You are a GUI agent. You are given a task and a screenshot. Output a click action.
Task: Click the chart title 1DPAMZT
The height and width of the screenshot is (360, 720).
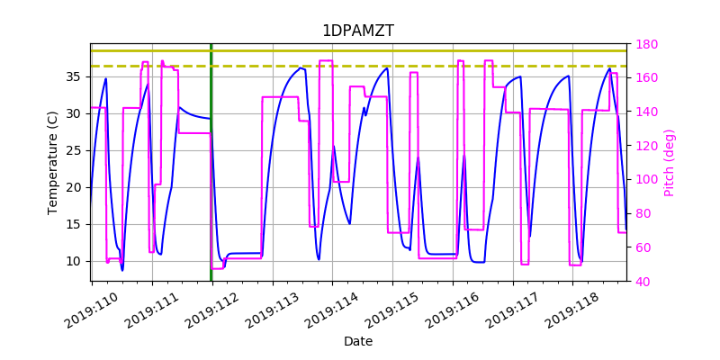pos(357,31)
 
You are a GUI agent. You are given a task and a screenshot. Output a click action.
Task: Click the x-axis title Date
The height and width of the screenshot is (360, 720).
pos(357,341)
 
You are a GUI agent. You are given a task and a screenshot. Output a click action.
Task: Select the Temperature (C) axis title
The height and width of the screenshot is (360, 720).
pos(53,162)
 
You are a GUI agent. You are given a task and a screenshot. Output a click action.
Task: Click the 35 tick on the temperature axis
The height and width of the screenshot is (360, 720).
pos(77,76)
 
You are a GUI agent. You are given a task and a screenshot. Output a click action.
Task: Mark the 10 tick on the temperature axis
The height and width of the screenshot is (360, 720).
pos(77,261)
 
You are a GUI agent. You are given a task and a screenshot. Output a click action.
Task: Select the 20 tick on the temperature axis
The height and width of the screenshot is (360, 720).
pos(77,187)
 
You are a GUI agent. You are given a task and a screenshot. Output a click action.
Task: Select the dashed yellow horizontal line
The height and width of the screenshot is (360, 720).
pos(360,66)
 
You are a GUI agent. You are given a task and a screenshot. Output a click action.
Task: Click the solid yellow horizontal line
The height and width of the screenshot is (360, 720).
pos(360,50)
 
